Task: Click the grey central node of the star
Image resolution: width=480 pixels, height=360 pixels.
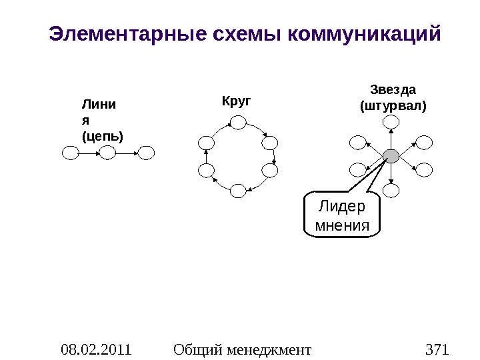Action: tap(391, 156)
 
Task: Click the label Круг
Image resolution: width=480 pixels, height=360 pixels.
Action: tap(236, 101)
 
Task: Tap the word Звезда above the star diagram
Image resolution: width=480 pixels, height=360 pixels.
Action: tap(393, 89)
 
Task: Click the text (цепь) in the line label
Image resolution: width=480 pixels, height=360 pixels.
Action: tap(101, 136)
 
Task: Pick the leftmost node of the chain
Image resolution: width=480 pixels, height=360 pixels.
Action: tap(70, 153)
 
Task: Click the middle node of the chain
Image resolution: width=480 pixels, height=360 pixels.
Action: tap(108, 153)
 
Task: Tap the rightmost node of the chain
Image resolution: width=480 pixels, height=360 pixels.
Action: tap(146, 153)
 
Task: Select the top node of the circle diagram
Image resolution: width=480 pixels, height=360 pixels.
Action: tap(238, 121)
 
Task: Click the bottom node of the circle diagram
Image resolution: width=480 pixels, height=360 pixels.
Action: tap(238, 191)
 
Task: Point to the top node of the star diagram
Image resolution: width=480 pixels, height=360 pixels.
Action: tap(392, 121)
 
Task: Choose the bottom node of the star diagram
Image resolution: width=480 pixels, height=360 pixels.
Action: tap(392, 191)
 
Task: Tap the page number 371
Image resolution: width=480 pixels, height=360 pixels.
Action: tap(437, 349)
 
